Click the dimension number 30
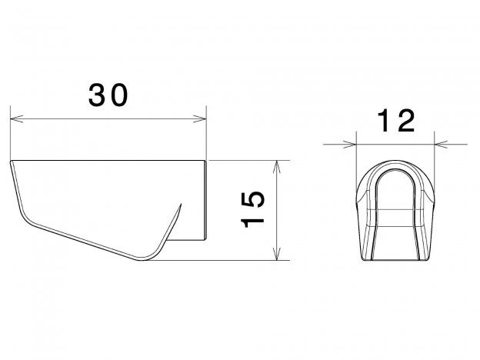coord(108,95)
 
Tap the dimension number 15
coord(252,210)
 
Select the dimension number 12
coord(396,121)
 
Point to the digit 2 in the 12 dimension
coord(406,121)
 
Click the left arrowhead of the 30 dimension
coord(16,118)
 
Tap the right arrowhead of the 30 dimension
coord(200,118)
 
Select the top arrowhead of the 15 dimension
coord(277,167)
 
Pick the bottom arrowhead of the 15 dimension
coord(277,254)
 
